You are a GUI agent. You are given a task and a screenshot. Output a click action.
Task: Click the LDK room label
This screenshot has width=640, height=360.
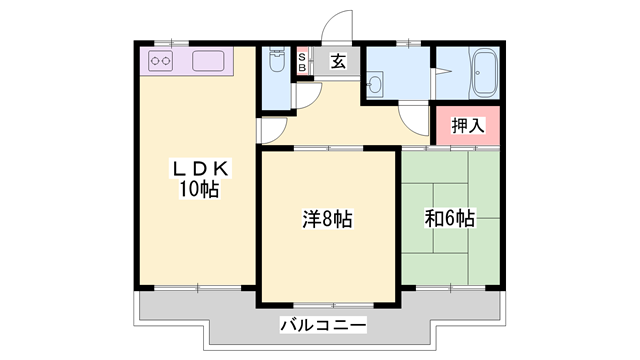[200, 168]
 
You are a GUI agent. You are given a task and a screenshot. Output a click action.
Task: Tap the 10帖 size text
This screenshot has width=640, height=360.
[199, 189]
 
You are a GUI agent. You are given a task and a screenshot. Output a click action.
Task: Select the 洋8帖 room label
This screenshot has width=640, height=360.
[327, 219]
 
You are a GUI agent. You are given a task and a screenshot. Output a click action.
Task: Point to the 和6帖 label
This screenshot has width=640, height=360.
[449, 218]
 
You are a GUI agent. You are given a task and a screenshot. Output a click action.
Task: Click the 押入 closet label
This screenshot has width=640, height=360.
[468, 125]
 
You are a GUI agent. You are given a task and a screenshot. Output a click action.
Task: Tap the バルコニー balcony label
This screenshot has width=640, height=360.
[323, 325]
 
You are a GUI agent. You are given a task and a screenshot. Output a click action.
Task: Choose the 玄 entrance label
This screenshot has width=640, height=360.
[338, 62]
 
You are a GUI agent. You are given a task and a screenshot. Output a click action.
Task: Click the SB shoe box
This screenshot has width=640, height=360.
[302, 62]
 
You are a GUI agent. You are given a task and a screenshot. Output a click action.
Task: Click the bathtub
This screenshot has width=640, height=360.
[484, 74]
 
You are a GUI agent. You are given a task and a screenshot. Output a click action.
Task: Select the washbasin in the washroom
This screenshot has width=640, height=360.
[375, 85]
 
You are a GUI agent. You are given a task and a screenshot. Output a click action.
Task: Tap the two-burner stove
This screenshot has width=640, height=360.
[160, 61]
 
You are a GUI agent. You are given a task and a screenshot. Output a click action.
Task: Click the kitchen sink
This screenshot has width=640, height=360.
[208, 61]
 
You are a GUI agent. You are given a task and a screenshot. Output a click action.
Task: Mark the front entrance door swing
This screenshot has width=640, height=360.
[337, 26]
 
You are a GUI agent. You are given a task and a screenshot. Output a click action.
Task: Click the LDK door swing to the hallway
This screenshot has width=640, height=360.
[273, 131]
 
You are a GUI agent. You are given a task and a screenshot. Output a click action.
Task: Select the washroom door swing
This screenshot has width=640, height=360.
[413, 120]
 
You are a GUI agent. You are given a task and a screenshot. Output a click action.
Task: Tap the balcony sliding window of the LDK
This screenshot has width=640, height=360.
[198, 288]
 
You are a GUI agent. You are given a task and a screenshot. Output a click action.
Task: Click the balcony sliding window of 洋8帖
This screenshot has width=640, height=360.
[333, 305]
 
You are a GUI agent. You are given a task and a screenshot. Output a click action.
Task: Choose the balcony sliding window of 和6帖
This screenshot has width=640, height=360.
[450, 288]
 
